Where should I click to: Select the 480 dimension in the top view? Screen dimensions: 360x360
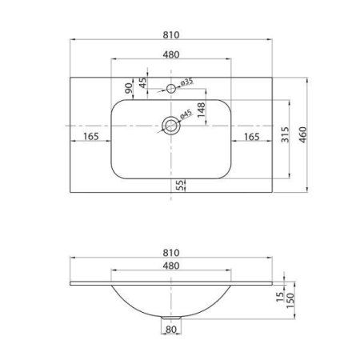(x=170, y=54)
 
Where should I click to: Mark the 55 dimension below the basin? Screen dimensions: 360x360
(x=181, y=185)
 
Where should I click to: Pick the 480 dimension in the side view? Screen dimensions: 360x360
(x=170, y=266)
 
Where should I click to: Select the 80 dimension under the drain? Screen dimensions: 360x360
(x=170, y=328)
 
